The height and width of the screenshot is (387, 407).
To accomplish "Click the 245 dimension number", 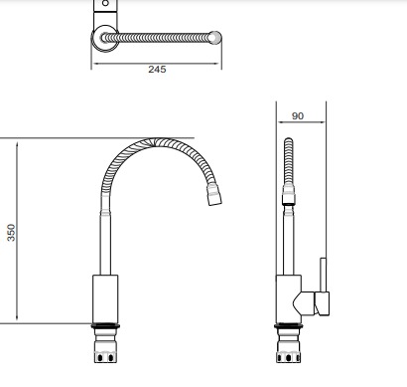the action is click(157, 70).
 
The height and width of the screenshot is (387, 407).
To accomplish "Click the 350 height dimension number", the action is click(11, 233).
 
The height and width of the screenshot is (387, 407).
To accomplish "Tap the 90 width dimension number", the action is click(298, 116).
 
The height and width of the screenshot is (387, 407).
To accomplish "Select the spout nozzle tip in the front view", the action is click(214, 194).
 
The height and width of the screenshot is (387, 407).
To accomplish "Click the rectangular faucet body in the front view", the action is click(105, 298).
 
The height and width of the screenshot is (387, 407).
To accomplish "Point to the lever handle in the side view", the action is click(323, 287).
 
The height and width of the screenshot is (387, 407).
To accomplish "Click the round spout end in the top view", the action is click(214, 38).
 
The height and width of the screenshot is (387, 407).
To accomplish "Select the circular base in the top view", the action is click(105, 39).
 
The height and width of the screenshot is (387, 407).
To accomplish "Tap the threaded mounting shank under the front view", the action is click(105, 345).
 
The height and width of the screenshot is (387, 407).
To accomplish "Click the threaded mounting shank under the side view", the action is click(289, 345).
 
